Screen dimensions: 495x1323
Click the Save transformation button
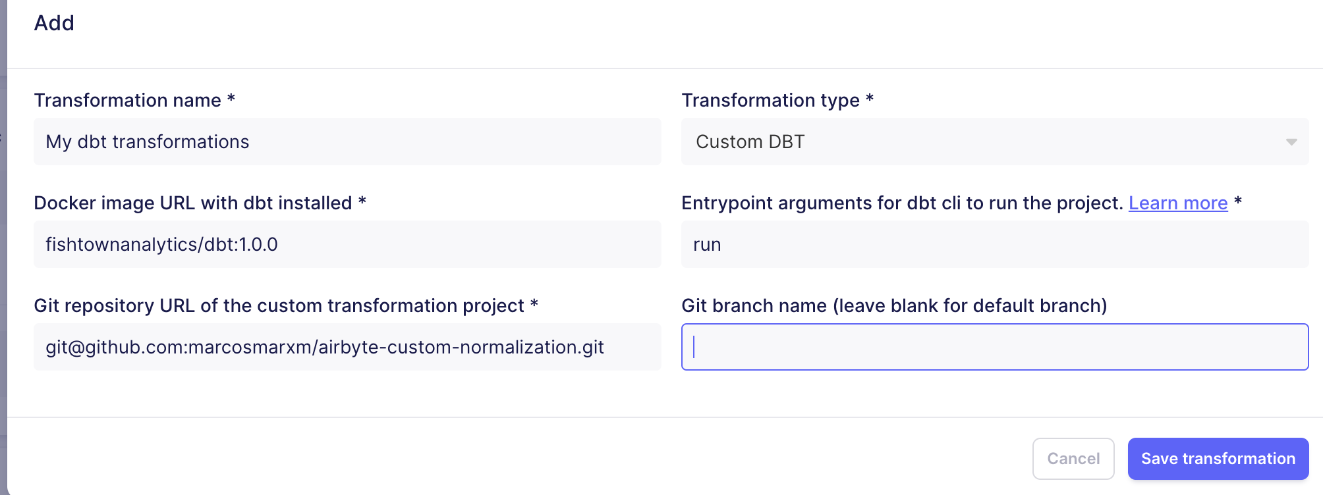click(x=1218, y=459)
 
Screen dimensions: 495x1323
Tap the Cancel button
click(x=1073, y=459)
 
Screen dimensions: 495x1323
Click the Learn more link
click(x=1178, y=203)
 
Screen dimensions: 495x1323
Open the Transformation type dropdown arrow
click(x=1291, y=142)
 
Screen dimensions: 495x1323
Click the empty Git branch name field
click(x=995, y=347)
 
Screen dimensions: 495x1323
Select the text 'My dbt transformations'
click(x=148, y=142)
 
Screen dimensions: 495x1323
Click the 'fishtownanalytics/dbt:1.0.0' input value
click(x=161, y=244)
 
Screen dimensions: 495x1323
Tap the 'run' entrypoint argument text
click(x=707, y=244)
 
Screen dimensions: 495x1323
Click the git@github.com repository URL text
click(x=324, y=347)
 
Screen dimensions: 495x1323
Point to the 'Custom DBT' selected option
click(x=750, y=142)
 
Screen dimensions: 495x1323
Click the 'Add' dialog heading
click(x=54, y=23)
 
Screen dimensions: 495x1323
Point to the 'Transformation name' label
click(x=127, y=100)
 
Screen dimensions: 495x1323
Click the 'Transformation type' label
click(x=770, y=100)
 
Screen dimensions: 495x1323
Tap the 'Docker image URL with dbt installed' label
click(x=192, y=203)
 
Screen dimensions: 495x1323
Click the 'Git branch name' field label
click(x=894, y=305)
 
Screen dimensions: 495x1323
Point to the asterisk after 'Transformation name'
click(x=231, y=99)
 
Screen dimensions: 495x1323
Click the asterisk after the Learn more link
click(x=1238, y=201)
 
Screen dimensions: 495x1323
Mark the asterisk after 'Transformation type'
click(x=870, y=99)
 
